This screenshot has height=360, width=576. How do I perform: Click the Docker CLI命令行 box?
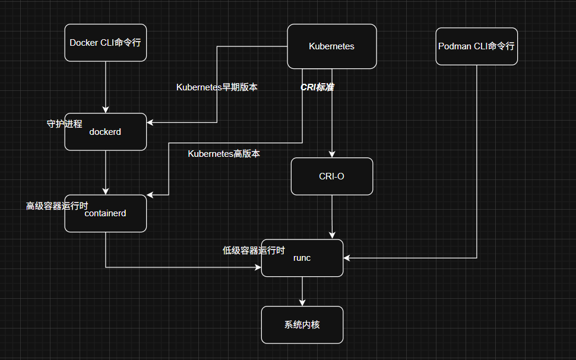tap(106, 43)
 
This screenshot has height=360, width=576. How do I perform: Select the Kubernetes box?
tap(332, 46)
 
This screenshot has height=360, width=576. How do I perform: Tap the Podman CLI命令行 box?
tap(476, 46)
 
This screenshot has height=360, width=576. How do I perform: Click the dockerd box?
tap(106, 132)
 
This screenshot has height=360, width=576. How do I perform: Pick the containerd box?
tap(106, 213)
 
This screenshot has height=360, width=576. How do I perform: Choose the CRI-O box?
tap(332, 176)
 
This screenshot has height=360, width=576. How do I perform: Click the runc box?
tap(302, 258)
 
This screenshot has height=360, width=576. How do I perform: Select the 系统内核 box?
tap(302, 325)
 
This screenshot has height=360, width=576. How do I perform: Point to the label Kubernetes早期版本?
tap(217, 87)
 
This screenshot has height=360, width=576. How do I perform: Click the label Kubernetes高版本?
tap(224, 154)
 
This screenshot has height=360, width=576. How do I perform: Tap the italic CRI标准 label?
tap(317, 87)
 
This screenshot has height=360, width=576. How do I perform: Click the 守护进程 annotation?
tap(64, 124)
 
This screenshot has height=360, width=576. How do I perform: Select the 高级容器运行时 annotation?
tap(57, 206)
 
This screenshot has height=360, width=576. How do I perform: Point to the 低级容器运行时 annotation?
tap(254, 251)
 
